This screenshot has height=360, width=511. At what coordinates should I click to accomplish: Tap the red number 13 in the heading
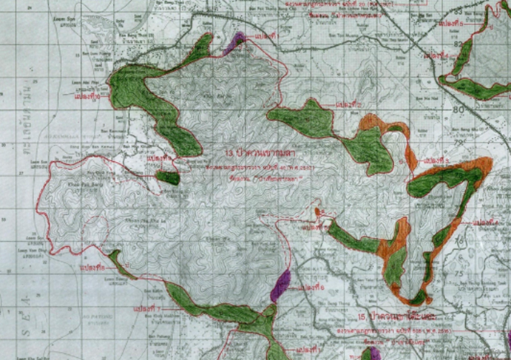[226, 152]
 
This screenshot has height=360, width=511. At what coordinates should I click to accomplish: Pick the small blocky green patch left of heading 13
[169, 177]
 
